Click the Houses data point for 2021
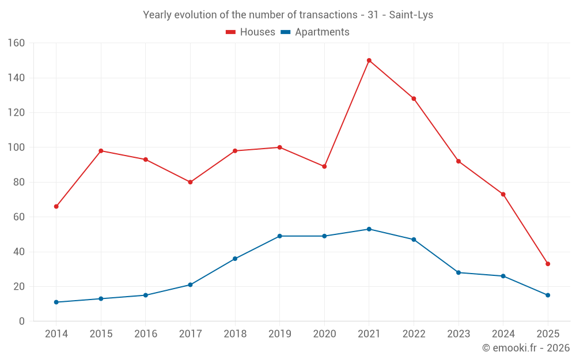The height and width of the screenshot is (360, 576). point(369,60)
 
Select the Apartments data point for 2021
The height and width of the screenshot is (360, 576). point(369,229)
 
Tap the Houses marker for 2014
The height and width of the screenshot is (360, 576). point(56,206)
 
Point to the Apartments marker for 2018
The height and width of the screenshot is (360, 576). point(235,259)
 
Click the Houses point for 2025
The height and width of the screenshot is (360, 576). point(548,264)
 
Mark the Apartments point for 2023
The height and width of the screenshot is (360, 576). point(458,272)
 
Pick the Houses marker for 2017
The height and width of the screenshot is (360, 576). point(190,182)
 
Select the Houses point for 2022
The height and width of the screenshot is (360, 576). point(414,98)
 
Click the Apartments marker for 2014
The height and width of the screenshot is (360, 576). point(56,302)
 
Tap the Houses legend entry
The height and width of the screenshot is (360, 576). point(251,32)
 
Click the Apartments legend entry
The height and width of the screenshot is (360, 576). point(315,32)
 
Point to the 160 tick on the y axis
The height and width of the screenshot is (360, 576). point(16,43)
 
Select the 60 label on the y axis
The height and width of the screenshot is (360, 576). point(19,217)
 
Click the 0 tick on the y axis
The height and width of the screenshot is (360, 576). point(22,321)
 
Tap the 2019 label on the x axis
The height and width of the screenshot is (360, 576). point(279,334)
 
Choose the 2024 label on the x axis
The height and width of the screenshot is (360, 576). point(503,334)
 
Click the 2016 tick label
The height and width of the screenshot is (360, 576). point(145,334)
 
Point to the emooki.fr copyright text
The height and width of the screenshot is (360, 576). point(526,348)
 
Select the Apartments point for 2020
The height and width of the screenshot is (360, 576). point(324,236)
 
